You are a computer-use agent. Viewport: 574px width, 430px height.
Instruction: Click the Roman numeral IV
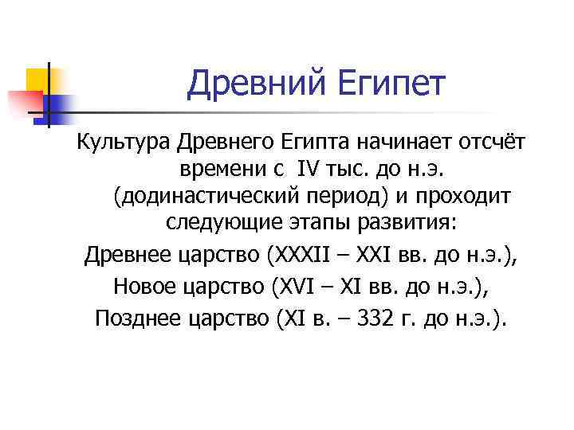coord(309,170)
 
